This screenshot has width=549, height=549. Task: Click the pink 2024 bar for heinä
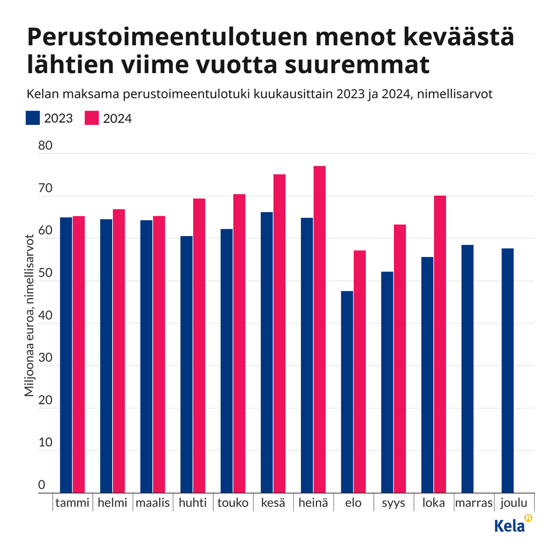tap(319, 329)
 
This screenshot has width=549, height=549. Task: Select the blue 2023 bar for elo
tap(347, 392)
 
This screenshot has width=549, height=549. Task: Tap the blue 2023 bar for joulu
tap(507, 371)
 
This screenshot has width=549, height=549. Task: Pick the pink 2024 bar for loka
tap(440, 344)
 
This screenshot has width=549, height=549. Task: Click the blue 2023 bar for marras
tap(467, 369)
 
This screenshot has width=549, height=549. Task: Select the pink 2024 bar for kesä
tap(279, 334)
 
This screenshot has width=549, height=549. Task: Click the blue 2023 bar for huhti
tap(186, 364)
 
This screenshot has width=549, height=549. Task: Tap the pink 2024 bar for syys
tap(400, 359)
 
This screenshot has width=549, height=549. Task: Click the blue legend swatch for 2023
tap(33, 118)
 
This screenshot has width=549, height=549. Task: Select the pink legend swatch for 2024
tap(92, 118)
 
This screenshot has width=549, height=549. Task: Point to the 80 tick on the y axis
tap(45, 146)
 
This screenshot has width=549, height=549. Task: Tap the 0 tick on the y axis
tap(42, 485)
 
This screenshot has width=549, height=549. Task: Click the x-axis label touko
tap(233, 503)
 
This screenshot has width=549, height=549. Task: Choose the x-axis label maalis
tap(153, 503)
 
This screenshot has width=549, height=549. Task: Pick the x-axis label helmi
tap(113, 503)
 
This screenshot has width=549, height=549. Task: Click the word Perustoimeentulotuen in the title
tap(167, 38)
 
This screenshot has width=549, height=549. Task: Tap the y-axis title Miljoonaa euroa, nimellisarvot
tap(29, 316)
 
